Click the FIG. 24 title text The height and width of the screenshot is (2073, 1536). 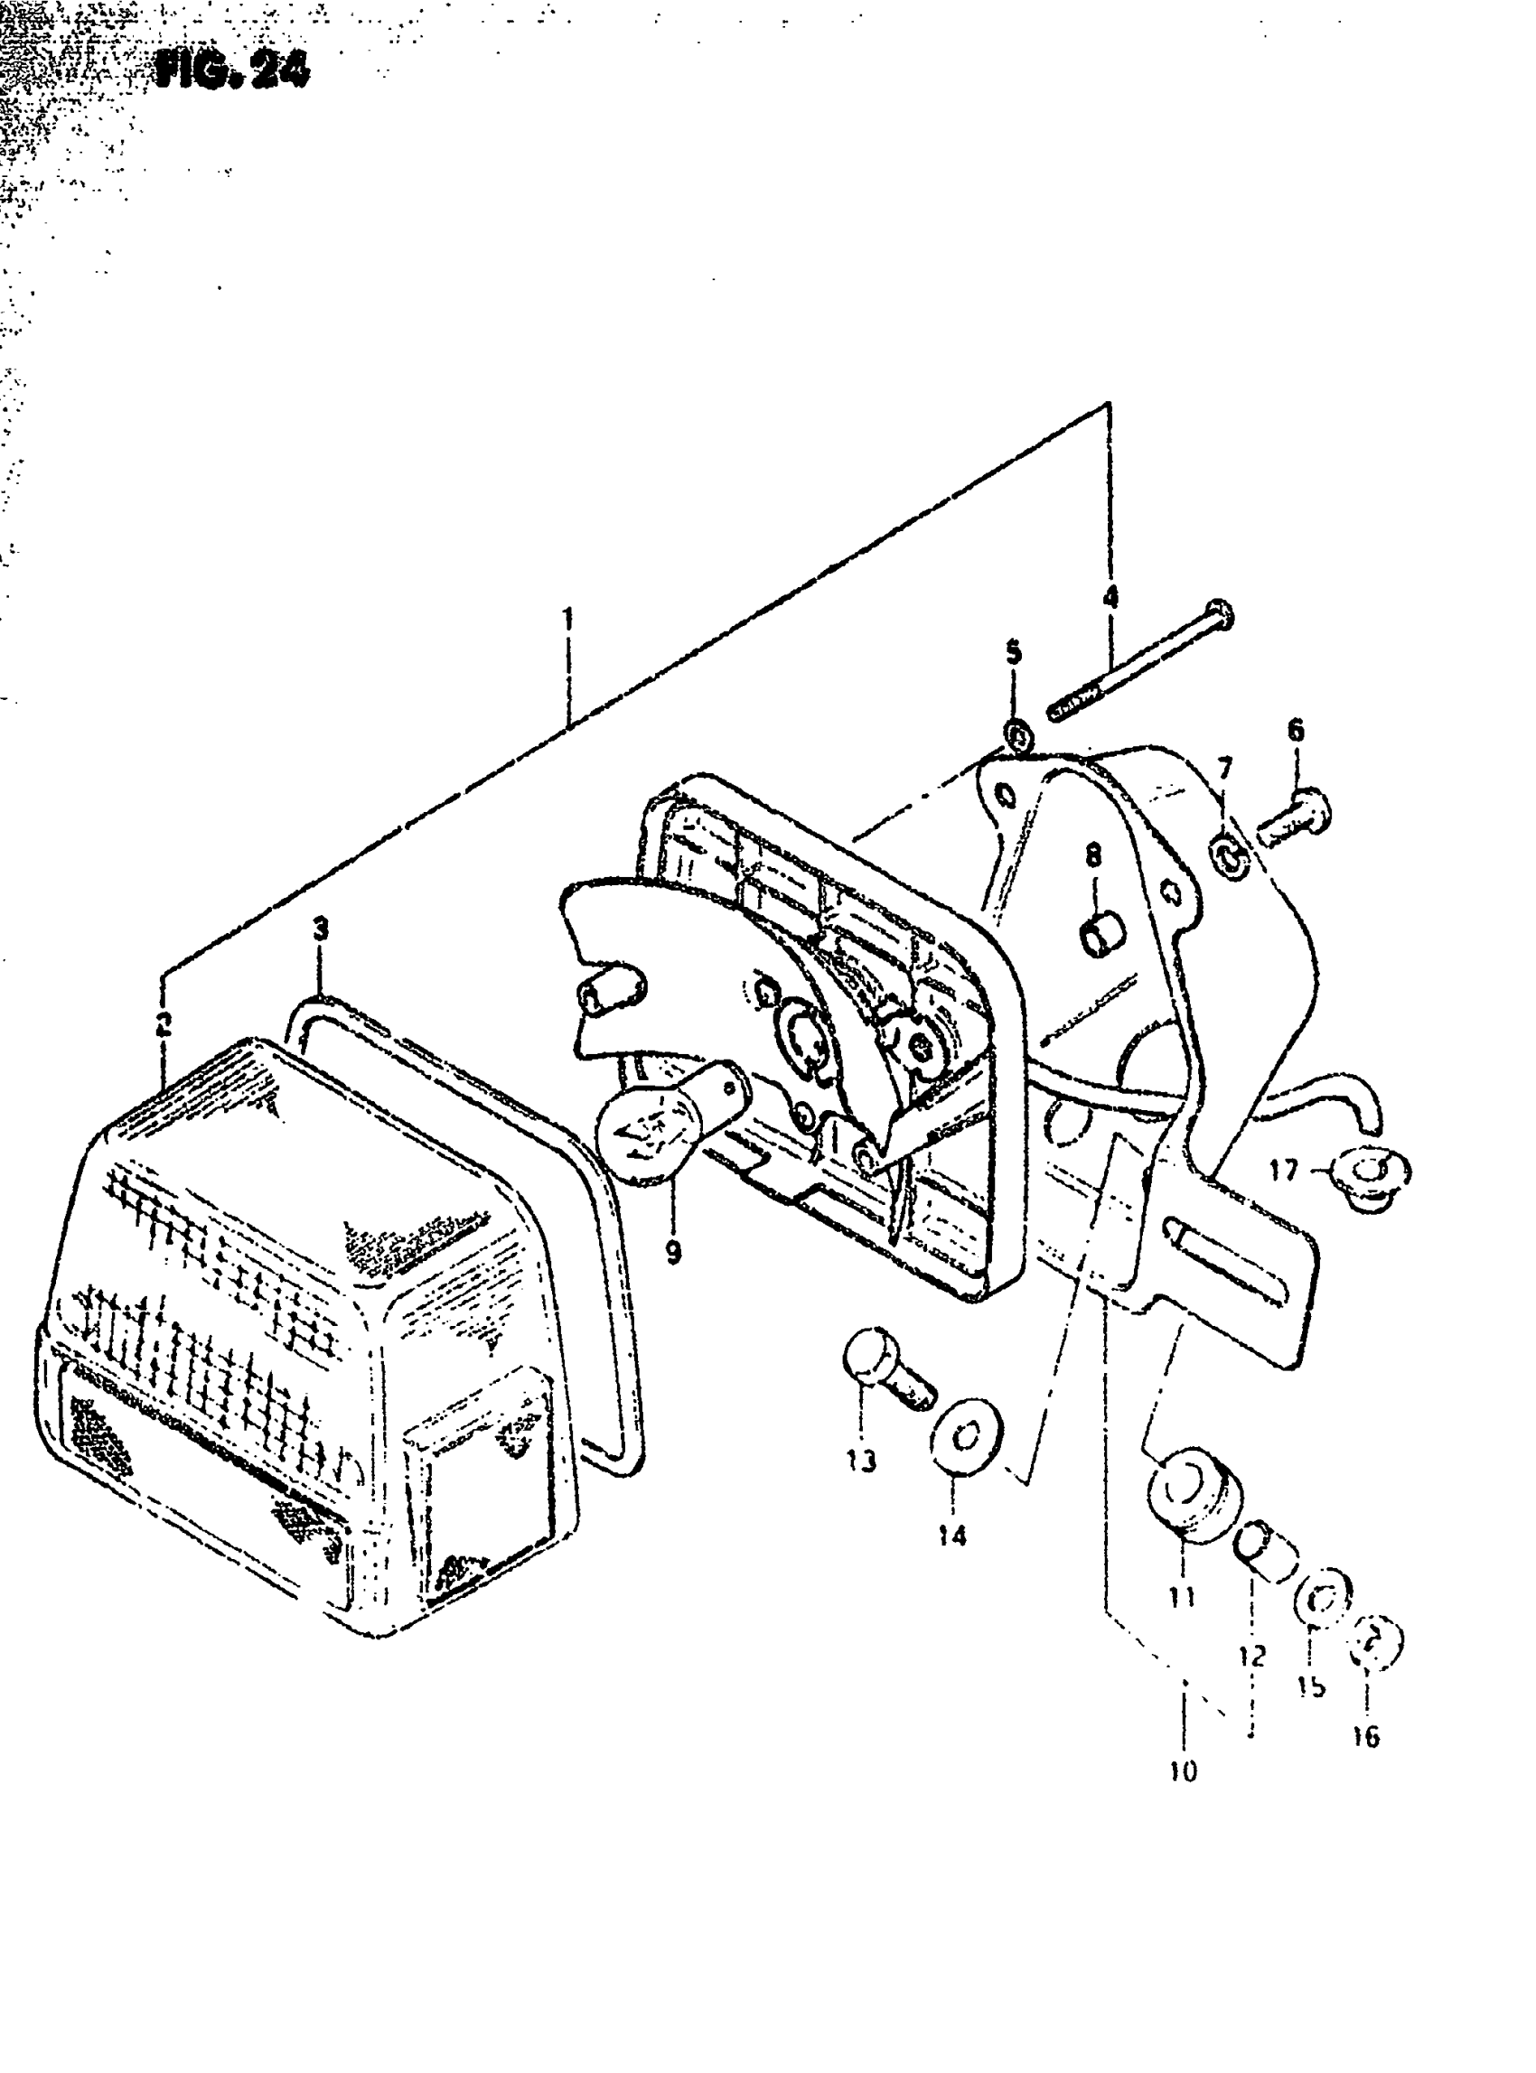click(231, 69)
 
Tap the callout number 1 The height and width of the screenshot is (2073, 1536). click(567, 618)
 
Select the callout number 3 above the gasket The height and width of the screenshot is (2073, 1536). click(320, 928)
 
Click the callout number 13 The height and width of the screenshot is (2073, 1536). click(862, 1461)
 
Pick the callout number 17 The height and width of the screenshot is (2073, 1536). click(1283, 1170)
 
